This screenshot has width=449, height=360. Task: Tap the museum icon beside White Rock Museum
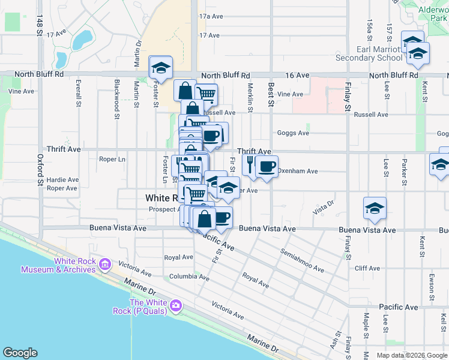105,264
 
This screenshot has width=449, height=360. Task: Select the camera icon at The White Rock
175,305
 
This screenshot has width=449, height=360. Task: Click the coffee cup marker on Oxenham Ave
267,166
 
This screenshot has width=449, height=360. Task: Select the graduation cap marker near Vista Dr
375,209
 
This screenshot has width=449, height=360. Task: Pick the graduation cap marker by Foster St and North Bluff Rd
160,68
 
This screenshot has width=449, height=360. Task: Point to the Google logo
20,353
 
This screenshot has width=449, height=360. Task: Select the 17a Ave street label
211,16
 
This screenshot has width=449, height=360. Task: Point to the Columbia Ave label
189,277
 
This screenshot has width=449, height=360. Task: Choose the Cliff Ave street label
368,268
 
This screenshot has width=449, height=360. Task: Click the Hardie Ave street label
63,179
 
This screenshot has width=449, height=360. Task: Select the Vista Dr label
322,209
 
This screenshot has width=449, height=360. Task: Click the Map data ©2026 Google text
411,355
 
